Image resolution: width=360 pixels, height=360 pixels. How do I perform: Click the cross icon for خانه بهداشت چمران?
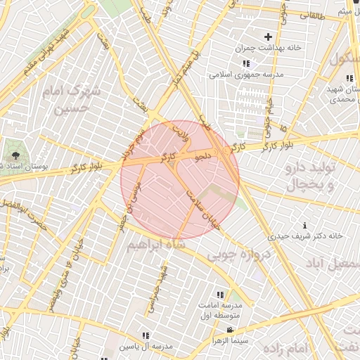point(268,37)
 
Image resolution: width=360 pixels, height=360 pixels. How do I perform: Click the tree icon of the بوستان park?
point(15,154)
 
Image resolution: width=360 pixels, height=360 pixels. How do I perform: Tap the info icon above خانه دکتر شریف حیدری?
point(304,225)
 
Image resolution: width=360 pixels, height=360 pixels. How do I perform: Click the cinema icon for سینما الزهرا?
point(230,330)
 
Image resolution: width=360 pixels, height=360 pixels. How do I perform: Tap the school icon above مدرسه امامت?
point(220,295)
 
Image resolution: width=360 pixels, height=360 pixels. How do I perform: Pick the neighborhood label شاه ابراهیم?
point(155,244)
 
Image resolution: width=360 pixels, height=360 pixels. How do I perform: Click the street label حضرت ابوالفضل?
point(25,213)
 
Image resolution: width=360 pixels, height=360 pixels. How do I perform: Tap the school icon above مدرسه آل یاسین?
point(146,336)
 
